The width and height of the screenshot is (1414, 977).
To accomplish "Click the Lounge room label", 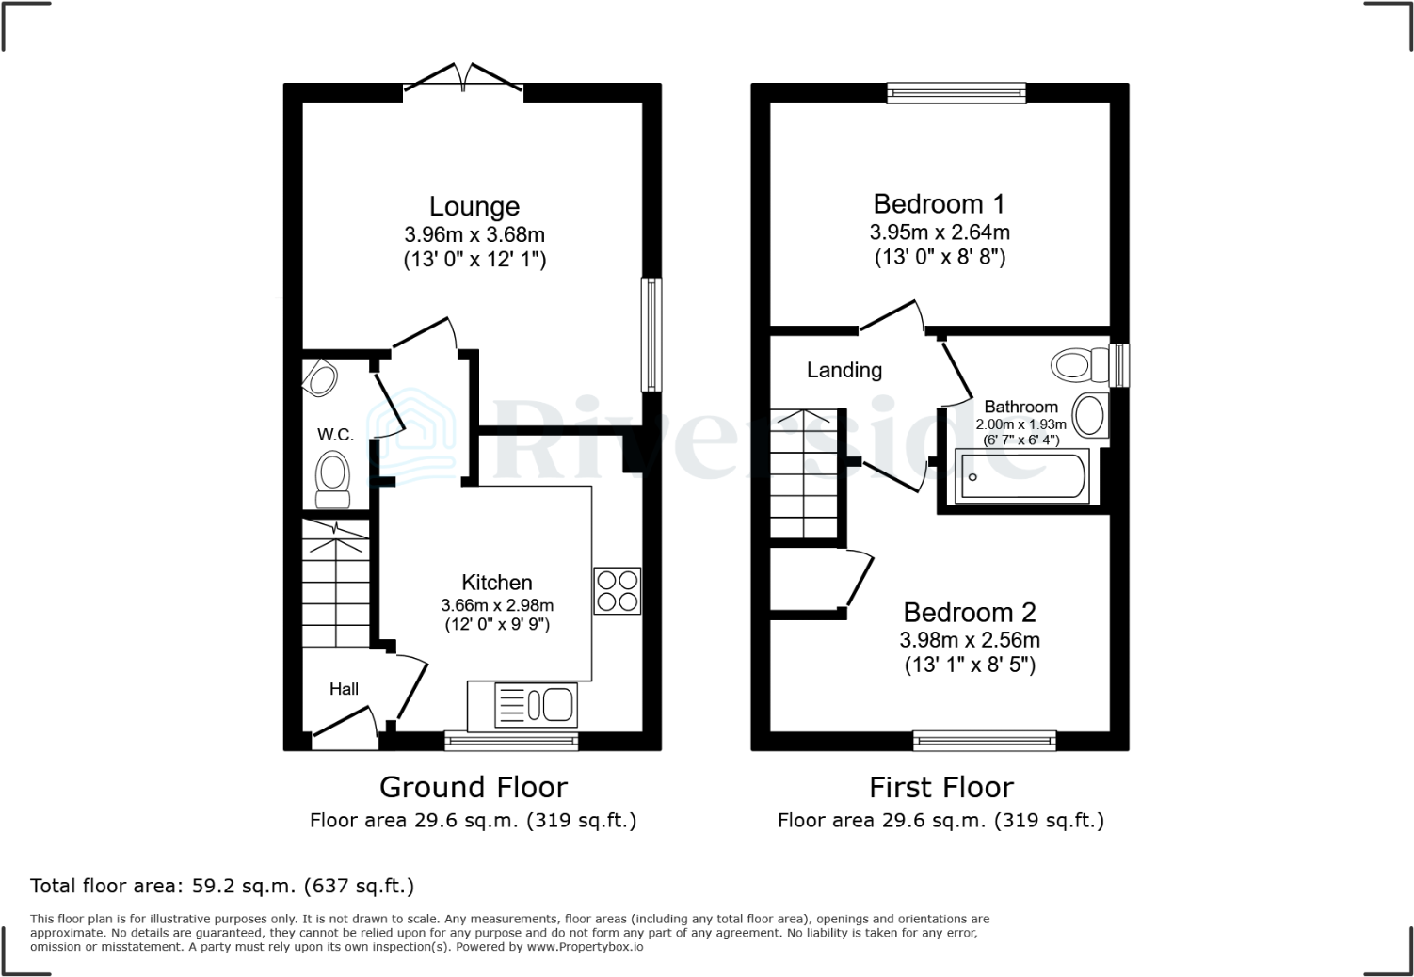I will pyautogui.click(x=474, y=206).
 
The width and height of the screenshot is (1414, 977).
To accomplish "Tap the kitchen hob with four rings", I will pyautogui.click(x=617, y=591).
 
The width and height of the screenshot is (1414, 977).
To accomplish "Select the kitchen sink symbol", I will pyautogui.click(x=535, y=705).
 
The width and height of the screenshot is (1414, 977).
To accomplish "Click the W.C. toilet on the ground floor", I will pyautogui.click(x=331, y=478).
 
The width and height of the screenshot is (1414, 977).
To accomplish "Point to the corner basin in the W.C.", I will pyautogui.click(x=321, y=378).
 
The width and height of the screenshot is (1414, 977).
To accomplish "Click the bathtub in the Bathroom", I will pyautogui.click(x=1021, y=476).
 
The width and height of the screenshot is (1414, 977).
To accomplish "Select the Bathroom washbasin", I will pyautogui.click(x=1089, y=415).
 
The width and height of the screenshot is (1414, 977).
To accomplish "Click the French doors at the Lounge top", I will pyautogui.click(x=462, y=81).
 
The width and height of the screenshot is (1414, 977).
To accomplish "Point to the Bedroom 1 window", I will pyautogui.click(x=956, y=92).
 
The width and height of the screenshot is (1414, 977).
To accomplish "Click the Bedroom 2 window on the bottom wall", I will pyautogui.click(x=984, y=742).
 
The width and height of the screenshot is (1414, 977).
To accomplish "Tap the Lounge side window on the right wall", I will pyautogui.click(x=651, y=334).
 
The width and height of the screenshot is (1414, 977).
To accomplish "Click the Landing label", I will pyautogui.click(x=844, y=370).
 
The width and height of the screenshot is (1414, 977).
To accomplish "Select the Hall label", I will pyautogui.click(x=344, y=689).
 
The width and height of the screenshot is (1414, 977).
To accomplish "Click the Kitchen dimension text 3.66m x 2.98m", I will pyautogui.click(x=497, y=605).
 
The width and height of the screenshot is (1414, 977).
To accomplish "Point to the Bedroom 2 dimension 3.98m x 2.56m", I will pyautogui.click(x=970, y=640).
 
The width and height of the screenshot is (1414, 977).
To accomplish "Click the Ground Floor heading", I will pyautogui.click(x=473, y=787).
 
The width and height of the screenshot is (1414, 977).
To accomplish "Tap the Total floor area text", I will pyautogui.click(x=222, y=886).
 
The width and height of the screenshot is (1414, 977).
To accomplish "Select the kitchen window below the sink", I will pyautogui.click(x=511, y=742).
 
